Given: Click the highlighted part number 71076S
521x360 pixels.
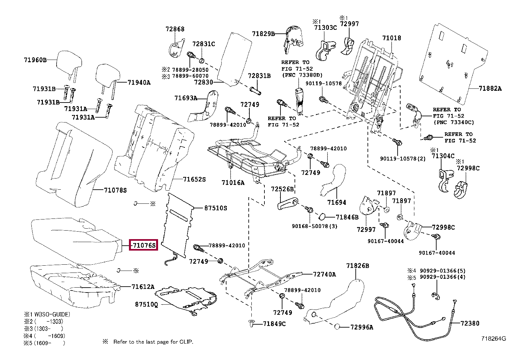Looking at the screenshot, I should point(144,245).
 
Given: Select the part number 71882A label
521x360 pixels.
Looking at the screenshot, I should point(490,88).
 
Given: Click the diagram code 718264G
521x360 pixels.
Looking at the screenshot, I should point(493,339).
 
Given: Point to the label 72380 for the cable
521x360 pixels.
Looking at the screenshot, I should point(470,323).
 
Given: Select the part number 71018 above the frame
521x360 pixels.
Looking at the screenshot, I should point(391,38).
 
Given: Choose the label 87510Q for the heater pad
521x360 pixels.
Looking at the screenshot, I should point(146,304).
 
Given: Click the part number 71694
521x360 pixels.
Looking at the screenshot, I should point(336,202).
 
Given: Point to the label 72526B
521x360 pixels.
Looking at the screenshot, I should point(282,189).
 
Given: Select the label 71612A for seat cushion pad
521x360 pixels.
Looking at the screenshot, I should point(143,287).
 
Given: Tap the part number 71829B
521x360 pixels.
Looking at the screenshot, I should point(263,33).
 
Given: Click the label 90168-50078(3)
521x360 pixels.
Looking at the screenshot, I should point(314,226).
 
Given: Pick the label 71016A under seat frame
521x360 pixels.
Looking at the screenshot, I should point(233,182).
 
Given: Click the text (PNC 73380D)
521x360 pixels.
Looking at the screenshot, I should point(302,75).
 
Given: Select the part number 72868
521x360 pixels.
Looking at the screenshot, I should point(175,29).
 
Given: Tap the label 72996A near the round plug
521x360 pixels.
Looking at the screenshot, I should point(361,327).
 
